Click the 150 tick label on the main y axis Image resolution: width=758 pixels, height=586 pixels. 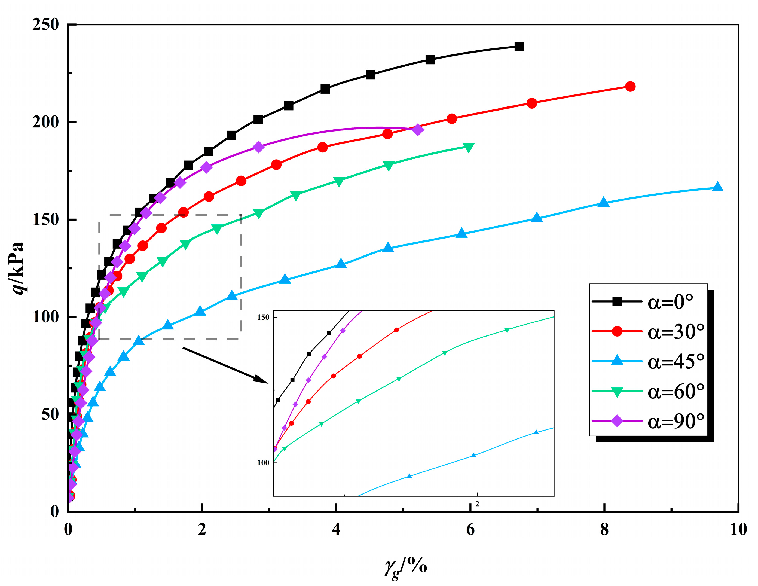45,219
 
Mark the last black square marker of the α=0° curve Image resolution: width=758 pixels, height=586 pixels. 519,47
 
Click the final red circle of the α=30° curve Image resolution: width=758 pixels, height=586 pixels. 630,86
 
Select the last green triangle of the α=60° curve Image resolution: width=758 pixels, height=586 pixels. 469,147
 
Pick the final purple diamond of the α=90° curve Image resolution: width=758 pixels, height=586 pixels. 418,130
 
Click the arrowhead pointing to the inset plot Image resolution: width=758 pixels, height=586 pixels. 261,379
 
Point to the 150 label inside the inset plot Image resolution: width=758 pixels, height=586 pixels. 263,317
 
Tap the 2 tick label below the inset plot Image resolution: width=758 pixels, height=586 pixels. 477,504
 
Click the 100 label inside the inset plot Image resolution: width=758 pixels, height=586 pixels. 263,463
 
